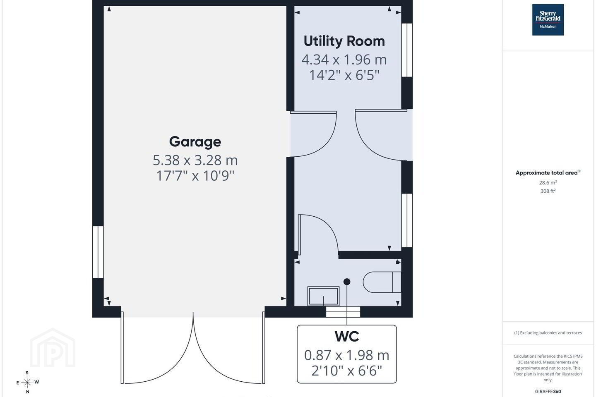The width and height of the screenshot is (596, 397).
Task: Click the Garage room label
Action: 195,142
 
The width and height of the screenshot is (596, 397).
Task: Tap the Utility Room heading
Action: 344,41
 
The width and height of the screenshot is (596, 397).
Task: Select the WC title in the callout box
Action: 347,337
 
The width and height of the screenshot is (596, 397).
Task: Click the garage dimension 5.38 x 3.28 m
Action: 195,160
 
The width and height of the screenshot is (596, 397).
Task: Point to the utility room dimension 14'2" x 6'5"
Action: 344,75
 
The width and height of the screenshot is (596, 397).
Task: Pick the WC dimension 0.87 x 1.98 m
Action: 347,355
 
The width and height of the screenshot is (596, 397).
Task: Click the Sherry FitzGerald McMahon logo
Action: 548,20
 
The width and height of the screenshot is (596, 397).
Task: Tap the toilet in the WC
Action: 382,282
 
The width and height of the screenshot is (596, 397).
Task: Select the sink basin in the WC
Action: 323,296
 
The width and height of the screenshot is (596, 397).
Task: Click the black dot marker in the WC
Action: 347,282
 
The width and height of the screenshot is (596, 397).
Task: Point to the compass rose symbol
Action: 27,383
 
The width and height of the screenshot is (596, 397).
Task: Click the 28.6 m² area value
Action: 548,183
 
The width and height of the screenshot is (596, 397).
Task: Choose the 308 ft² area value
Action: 548,191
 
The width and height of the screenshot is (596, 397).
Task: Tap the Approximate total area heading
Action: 548,172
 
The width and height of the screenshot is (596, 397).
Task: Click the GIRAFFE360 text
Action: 548,391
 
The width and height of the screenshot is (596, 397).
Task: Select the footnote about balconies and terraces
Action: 548,332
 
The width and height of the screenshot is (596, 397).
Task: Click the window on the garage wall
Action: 98,252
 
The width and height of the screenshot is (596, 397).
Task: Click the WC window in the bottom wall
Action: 343,312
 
